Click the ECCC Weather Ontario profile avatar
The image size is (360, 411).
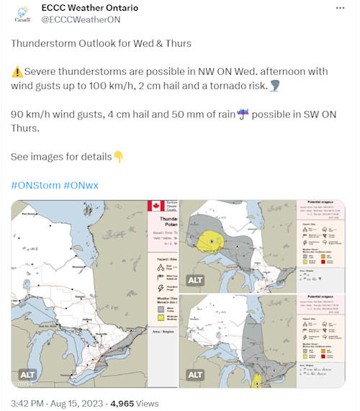coord(23,14)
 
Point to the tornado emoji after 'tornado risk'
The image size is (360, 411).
coord(275,86)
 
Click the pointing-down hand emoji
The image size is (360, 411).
coord(119,157)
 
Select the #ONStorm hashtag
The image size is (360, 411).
coord(35,185)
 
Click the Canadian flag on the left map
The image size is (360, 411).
coord(156,206)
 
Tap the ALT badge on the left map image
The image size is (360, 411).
coord(28,375)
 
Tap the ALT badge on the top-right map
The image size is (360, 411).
coord(195,281)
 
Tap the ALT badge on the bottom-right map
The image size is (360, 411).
coord(195,375)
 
